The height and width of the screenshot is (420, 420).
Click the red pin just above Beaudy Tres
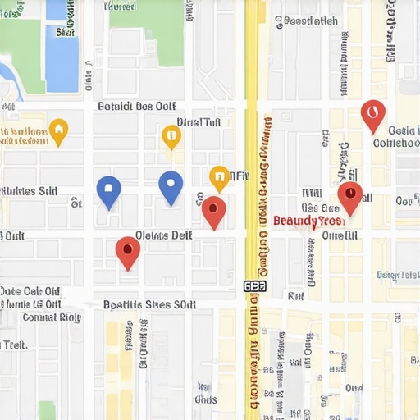point(350,196)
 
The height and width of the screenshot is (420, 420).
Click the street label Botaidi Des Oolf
point(136,106)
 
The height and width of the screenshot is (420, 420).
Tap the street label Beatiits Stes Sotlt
point(150,304)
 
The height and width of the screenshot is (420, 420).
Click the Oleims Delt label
point(162,235)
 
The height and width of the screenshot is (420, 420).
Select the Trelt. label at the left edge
point(13,345)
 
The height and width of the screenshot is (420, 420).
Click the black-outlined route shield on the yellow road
point(255,286)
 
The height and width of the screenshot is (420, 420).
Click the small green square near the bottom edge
point(47,409)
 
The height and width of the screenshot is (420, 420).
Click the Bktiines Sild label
point(29,190)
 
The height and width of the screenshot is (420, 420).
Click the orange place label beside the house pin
point(23,135)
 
